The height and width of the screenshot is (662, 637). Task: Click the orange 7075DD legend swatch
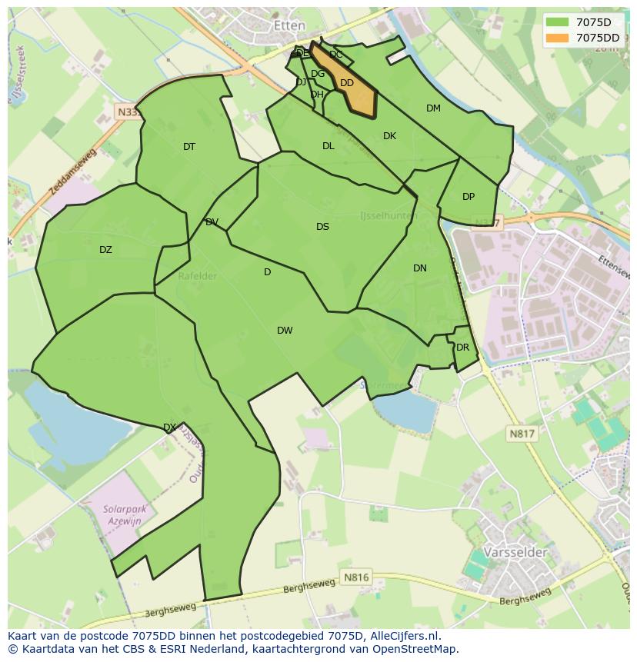(x=559, y=37)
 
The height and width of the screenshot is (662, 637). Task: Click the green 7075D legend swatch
(x=559, y=22)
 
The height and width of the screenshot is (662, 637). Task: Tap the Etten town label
(x=289, y=25)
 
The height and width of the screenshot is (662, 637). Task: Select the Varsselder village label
(x=515, y=552)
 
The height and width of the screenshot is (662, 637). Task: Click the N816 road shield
(x=356, y=577)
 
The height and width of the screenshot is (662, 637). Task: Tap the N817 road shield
(x=522, y=434)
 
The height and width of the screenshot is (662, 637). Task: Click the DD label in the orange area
(x=347, y=83)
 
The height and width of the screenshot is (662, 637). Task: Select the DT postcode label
(x=189, y=147)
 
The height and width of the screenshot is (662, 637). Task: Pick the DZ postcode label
(x=105, y=250)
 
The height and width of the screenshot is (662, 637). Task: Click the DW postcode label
(x=285, y=331)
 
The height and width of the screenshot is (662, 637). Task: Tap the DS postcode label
(x=322, y=227)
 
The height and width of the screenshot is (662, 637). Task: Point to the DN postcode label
(x=419, y=268)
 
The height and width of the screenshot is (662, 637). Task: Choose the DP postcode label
(x=469, y=197)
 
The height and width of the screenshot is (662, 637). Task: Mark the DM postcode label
(x=433, y=108)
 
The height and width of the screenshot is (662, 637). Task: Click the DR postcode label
(x=462, y=348)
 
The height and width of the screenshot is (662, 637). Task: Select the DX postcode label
(x=169, y=427)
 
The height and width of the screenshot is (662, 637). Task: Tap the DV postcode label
(x=212, y=222)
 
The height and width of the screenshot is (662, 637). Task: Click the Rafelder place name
(x=196, y=276)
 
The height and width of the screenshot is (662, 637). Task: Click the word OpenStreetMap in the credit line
(x=415, y=648)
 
